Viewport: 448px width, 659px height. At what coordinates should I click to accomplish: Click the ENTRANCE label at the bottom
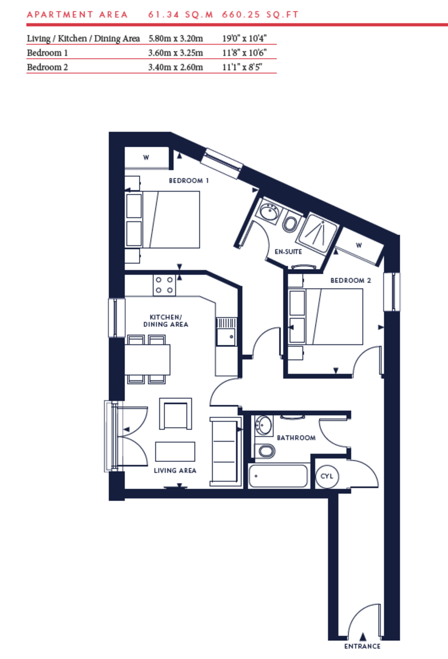[362, 646]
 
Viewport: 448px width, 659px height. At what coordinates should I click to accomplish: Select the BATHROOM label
[296, 438]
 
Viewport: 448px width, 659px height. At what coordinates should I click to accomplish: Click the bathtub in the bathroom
[278, 476]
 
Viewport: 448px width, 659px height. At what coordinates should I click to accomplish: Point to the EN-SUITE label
[289, 252]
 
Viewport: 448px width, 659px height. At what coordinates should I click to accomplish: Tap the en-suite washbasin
[269, 211]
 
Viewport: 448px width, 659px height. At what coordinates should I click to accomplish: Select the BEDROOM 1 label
[189, 181]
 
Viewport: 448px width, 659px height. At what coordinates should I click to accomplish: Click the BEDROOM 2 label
[351, 281]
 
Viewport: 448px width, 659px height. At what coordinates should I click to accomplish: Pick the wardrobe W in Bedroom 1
[146, 158]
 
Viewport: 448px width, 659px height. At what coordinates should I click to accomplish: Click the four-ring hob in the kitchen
[164, 284]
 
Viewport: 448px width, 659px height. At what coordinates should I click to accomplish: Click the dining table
[147, 359]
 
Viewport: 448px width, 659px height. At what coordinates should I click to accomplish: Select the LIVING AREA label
[175, 471]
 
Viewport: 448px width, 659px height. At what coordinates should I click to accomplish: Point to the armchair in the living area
[176, 414]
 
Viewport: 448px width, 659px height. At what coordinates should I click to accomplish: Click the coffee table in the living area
[175, 451]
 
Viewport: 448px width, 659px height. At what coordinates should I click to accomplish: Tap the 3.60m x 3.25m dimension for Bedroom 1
[176, 53]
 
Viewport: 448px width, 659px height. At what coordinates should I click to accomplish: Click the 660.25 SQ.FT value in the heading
[260, 15]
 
